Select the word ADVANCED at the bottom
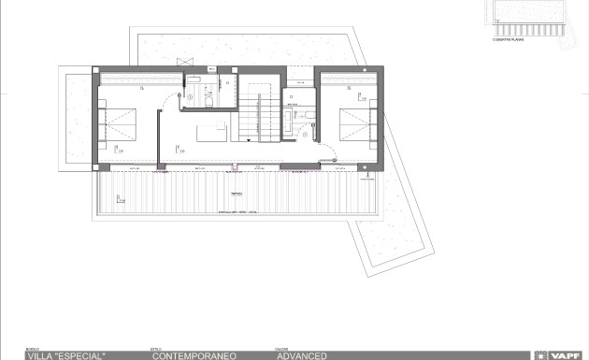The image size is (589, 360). [301, 355]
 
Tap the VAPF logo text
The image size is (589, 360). [569, 355]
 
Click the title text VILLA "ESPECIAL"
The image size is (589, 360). [66, 355]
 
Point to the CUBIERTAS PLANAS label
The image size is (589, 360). [507, 42]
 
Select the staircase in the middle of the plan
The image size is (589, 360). [259, 120]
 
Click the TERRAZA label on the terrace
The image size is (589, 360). [235, 190]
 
